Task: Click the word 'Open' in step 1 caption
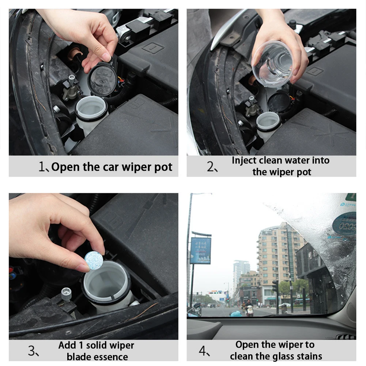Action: [65, 167]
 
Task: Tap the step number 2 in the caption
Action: [211, 167]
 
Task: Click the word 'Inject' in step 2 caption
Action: [244, 161]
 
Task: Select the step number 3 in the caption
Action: [32, 351]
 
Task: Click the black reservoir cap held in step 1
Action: [102, 79]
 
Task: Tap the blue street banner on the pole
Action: [200, 250]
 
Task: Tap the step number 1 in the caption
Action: [42, 167]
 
